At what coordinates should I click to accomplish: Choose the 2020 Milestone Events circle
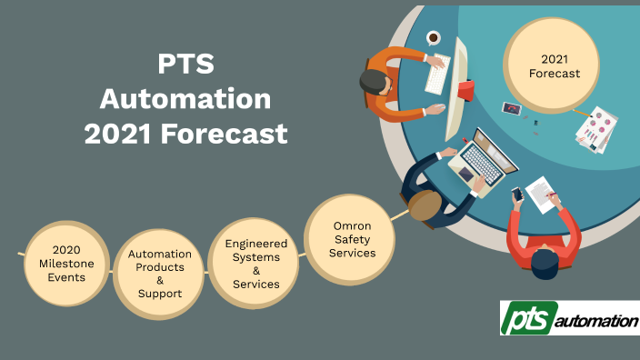coord(67,263)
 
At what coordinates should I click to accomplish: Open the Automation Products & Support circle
coord(159,274)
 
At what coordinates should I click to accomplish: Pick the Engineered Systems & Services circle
coord(255,264)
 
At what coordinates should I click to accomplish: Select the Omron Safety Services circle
coord(352,239)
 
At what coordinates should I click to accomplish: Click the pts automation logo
coord(569,320)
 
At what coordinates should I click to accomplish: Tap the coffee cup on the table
coord(434,38)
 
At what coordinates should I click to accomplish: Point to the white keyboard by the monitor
coord(438,74)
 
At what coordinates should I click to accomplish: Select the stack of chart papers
coord(596,129)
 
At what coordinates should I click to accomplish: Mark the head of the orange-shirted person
coord(373,83)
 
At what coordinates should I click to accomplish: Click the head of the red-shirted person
coord(544,263)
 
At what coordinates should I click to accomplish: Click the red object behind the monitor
coord(465,90)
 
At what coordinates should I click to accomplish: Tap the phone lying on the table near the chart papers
coord(512,108)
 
